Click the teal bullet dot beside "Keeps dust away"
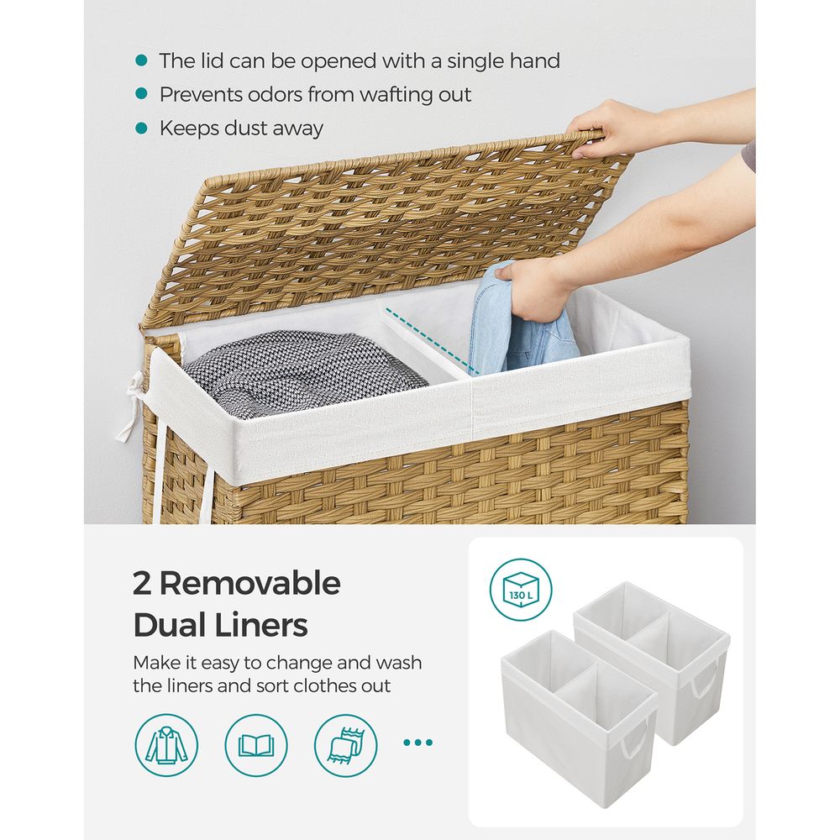pyautogui.click(x=141, y=129)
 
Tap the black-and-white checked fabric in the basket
pyautogui.click(x=302, y=370)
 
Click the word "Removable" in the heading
pyautogui.click(x=249, y=584)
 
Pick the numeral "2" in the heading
pyautogui.click(x=141, y=584)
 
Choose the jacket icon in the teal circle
pyautogui.click(x=166, y=744)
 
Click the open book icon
pyautogui.click(x=256, y=744)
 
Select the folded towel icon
pyautogui.click(x=345, y=744)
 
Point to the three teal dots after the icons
pyautogui.click(x=417, y=743)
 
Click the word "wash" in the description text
pyautogui.click(x=399, y=663)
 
